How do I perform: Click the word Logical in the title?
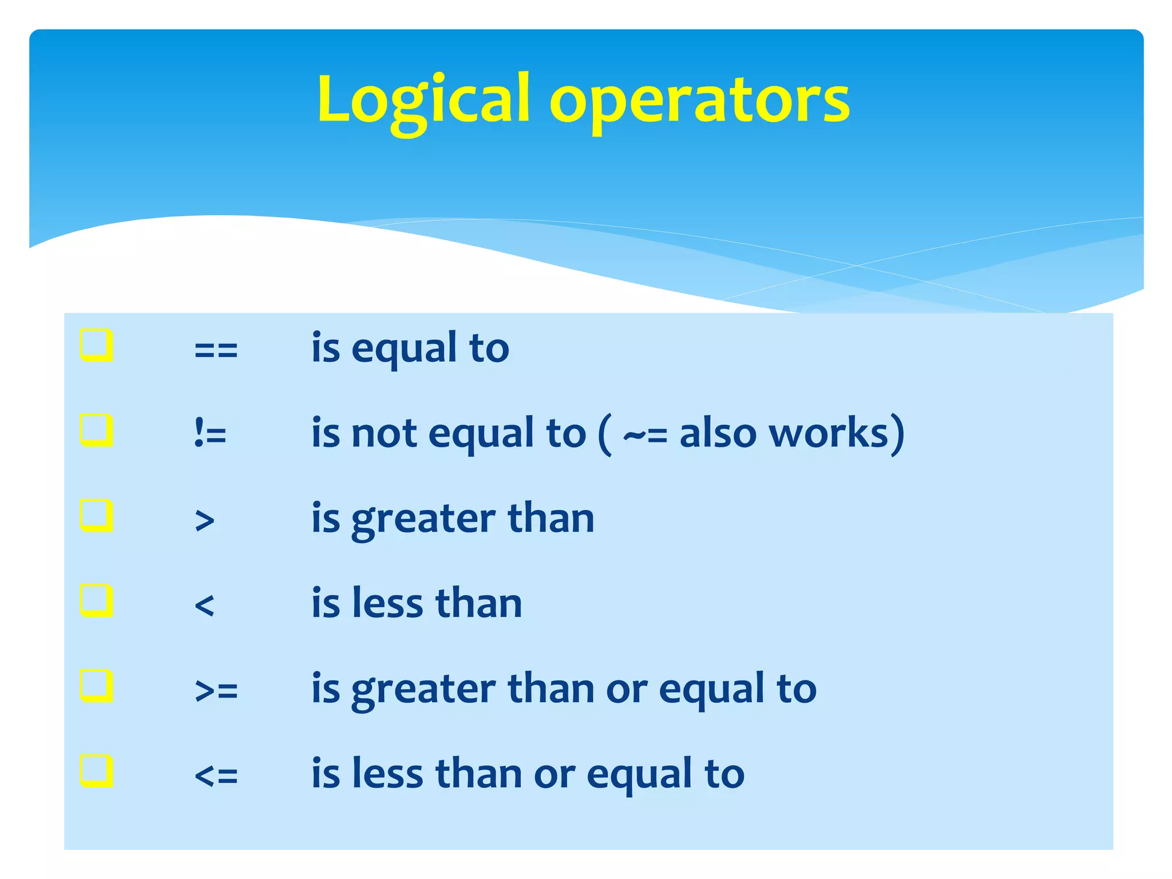[x=423, y=100]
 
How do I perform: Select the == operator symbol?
[x=216, y=350]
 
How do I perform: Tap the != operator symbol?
[x=210, y=433]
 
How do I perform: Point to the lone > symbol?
[x=204, y=520]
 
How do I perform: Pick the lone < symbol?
[x=204, y=605]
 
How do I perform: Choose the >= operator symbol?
[x=216, y=690]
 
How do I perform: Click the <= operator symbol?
[x=216, y=775]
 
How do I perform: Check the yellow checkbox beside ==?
[x=96, y=345]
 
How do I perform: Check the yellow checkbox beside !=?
[x=96, y=430]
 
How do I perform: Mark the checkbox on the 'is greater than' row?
[x=96, y=515]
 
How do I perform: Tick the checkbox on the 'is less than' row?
[x=96, y=600]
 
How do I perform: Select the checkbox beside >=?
[x=96, y=686]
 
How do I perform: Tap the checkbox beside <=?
[x=96, y=771]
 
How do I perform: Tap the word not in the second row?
[x=384, y=433]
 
